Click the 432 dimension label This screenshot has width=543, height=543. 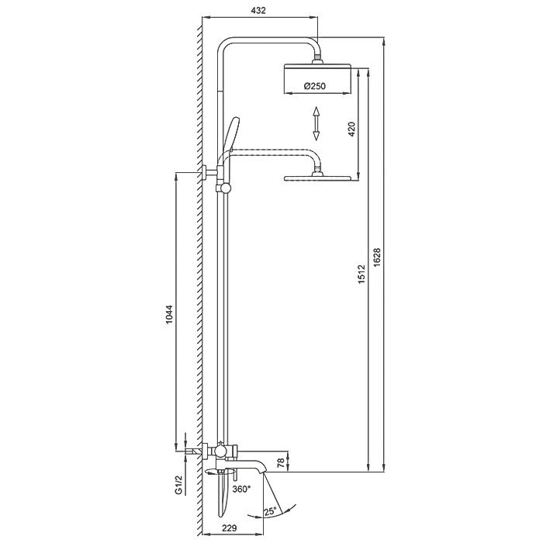pyautogui.click(x=258, y=10)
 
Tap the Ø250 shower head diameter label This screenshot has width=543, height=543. pyautogui.click(x=315, y=85)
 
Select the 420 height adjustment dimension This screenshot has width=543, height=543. pyautogui.click(x=351, y=130)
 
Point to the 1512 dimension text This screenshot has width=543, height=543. pyautogui.click(x=361, y=274)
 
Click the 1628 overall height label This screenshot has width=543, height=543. pyautogui.click(x=377, y=257)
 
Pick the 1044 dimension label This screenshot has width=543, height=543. pyautogui.click(x=168, y=314)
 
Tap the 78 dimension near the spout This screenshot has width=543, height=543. pyautogui.click(x=281, y=462)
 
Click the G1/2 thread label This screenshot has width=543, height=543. pyautogui.click(x=178, y=485)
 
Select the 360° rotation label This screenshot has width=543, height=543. pyautogui.click(x=241, y=489)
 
